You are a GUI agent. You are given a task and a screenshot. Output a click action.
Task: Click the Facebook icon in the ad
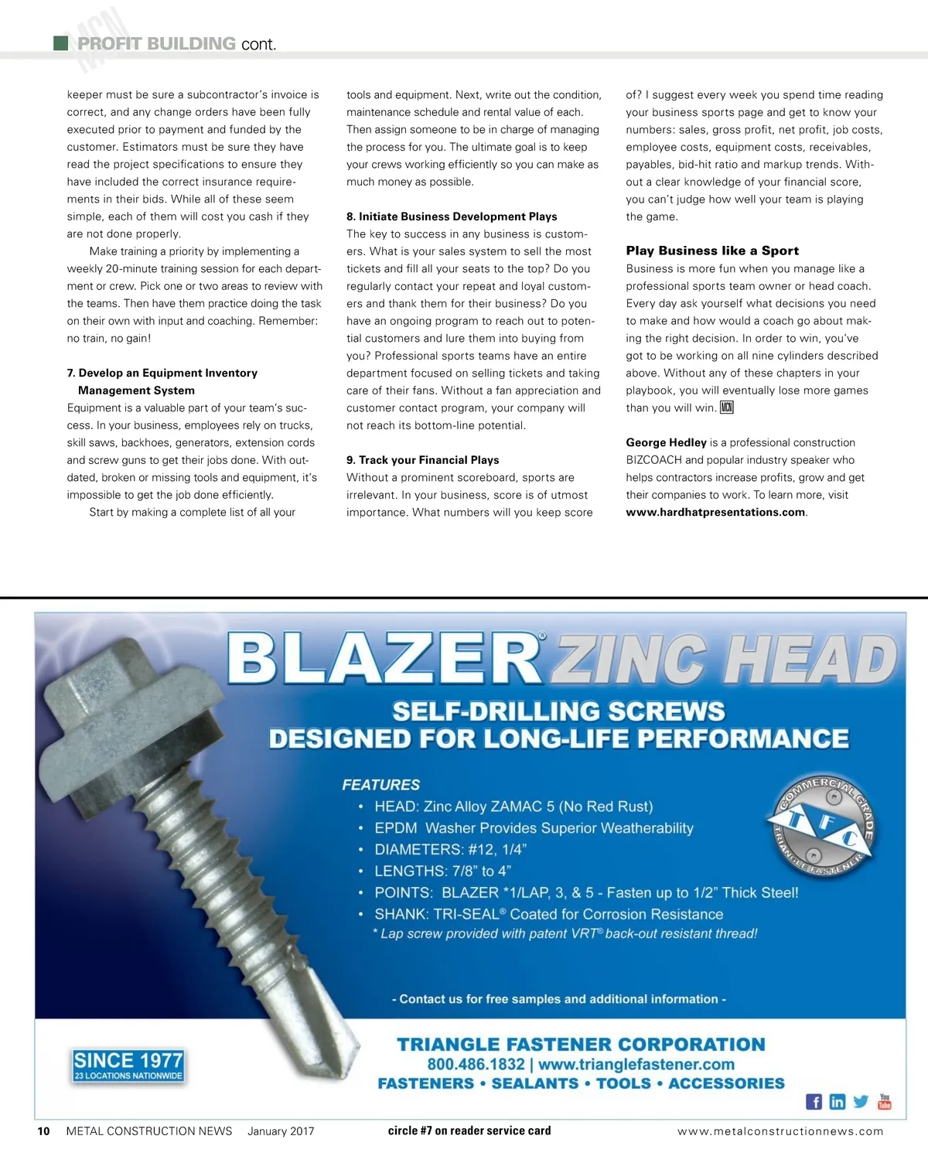click(x=814, y=1102)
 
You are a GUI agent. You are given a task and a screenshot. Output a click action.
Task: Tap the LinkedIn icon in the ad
click(x=837, y=1102)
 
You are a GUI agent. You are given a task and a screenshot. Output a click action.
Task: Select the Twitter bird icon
click(x=861, y=1101)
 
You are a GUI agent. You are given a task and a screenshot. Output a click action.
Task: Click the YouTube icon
click(x=885, y=1101)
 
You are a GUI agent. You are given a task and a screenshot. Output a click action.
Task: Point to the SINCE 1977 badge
click(x=128, y=1065)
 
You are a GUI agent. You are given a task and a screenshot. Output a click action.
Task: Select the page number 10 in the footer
click(x=44, y=1131)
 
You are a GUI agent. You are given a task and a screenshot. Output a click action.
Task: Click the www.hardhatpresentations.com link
click(x=715, y=512)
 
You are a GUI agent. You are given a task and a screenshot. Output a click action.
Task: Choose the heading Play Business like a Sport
click(x=712, y=251)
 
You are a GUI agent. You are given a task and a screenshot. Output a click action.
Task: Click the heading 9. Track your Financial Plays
click(x=422, y=460)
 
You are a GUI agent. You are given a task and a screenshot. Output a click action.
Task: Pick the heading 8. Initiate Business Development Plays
click(x=452, y=217)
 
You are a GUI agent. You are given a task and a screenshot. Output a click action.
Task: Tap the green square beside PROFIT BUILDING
click(x=61, y=43)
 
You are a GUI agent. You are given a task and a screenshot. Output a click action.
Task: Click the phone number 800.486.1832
click(x=476, y=1064)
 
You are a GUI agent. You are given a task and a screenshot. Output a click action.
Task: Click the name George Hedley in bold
click(x=666, y=442)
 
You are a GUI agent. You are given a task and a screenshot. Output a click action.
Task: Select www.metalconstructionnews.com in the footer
click(x=780, y=1131)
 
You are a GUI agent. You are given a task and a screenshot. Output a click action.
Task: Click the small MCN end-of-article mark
click(x=726, y=408)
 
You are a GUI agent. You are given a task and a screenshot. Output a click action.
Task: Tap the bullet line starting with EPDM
click(x=534, y=828)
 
